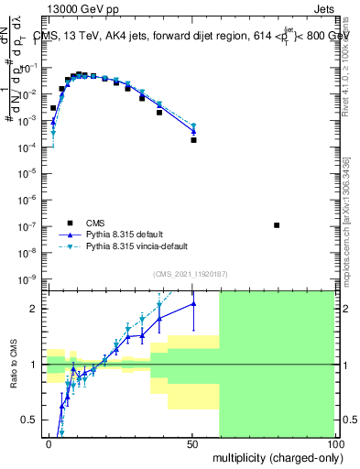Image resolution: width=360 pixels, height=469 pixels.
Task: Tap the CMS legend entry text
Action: [x=96, y=223]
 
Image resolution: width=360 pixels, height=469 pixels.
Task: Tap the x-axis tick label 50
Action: [x=192, y=443]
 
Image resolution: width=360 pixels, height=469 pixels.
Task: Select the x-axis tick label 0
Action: [x=49, y=443]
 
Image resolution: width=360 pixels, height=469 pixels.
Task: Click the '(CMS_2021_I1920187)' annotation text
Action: [x=191, y=274]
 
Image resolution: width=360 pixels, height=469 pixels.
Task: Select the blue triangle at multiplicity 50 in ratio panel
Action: [x=193, y=304]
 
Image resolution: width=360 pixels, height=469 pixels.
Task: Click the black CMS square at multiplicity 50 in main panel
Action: [x=193, y=140]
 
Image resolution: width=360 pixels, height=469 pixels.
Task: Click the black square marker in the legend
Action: [x=70, y=223]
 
